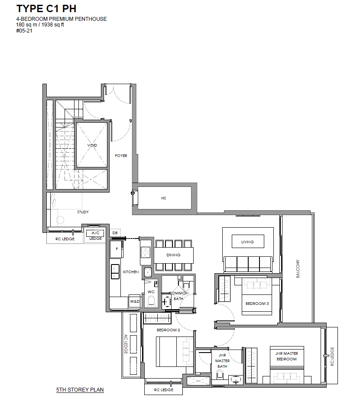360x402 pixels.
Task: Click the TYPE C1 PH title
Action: coord(46,9)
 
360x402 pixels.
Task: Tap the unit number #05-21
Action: coord(24,31)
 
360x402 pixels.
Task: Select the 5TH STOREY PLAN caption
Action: coord(80,390)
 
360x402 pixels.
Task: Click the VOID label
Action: coord(92,145)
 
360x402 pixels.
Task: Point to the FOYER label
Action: coord(121,156)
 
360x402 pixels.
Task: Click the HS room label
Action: coord(164,198)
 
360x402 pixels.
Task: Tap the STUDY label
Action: coord(83,212)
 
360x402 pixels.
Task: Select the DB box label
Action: coord(115,233)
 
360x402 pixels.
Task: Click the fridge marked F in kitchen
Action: coord(117,249)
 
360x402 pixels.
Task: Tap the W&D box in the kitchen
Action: coord(135,301)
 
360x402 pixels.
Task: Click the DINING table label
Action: coord(173,255)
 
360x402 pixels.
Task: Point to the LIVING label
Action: coord(247,242)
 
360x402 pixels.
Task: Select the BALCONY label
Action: coord(298,269)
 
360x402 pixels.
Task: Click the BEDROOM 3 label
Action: coord(257,304)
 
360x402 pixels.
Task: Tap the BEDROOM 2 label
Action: coord(168,330)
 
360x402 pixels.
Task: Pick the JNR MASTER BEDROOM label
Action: coord(286,356)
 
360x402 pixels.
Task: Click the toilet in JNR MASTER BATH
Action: coord(220,376)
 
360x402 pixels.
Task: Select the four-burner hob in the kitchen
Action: coord(146,252)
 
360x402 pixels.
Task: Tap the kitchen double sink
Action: coord(115,272)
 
